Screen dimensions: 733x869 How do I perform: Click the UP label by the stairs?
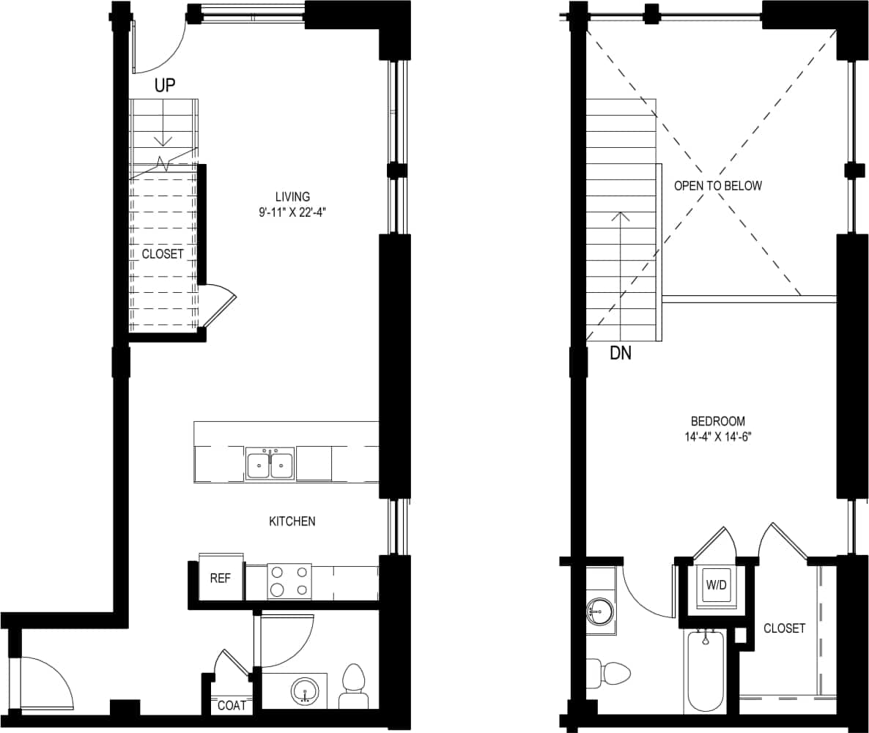coord(165,86)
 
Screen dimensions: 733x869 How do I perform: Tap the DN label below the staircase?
coord(621,354)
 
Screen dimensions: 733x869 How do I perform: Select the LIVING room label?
coord(292,196)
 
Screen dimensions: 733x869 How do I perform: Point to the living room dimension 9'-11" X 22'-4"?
coord(292,213)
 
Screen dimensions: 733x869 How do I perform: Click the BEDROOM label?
coord(717,421)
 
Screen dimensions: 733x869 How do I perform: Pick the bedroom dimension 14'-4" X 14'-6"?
coord(717,437)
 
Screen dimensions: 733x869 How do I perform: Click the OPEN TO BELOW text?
coord(717,186)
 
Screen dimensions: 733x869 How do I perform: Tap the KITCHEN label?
coord(292,521)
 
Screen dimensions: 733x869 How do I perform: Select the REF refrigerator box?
coord(221,578)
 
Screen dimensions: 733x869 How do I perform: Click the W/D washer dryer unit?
coord(716,585)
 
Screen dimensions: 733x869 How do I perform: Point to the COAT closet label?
coord(232,706)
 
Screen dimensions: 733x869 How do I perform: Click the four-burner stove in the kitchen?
coord(289,581)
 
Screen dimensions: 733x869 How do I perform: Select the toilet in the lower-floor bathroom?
coord(353,685)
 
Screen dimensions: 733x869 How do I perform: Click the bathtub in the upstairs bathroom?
coord(706,671)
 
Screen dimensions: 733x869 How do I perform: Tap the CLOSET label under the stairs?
coord(163,254)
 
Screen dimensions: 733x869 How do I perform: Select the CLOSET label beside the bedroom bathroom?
coord(784,628)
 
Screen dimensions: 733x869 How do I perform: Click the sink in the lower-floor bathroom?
coord(304,691)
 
